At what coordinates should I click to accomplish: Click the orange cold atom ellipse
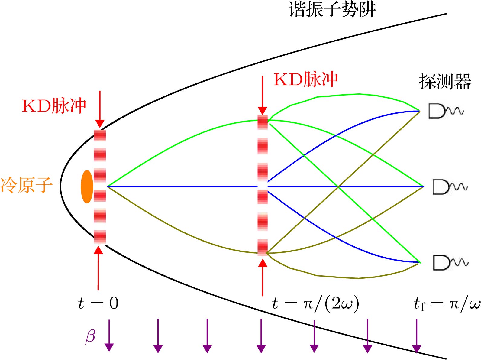coord(87,186)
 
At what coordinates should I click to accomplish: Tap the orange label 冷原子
coord(27,185)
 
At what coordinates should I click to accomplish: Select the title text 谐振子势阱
coord(332,9)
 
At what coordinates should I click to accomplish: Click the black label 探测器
coord(445,81)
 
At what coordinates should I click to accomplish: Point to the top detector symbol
coord(446,111)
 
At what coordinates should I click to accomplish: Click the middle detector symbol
coord(450,187)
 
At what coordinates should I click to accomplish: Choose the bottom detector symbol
coord(451,262)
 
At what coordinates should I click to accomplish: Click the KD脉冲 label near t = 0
coord(54,106)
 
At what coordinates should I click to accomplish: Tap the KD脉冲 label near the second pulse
coord(306,79)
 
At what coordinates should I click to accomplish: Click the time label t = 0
coord(98,303)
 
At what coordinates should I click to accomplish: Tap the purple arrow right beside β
coord(109,336)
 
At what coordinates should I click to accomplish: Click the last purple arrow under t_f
coord(417,336)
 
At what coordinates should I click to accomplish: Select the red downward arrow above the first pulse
coord(100,109)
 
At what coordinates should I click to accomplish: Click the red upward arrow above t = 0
coord(98,268)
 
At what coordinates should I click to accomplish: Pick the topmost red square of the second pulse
coord(263,122)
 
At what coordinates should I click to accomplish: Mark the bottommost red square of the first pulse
coord(100,237)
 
